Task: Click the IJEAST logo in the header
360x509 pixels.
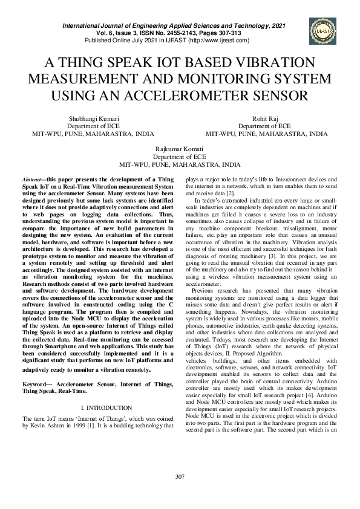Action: pos(321,30)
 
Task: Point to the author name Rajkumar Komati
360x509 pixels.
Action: pos(180,149)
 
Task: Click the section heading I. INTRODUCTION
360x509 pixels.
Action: pos(106,409)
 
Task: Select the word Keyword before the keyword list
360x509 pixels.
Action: pos(37,384)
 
